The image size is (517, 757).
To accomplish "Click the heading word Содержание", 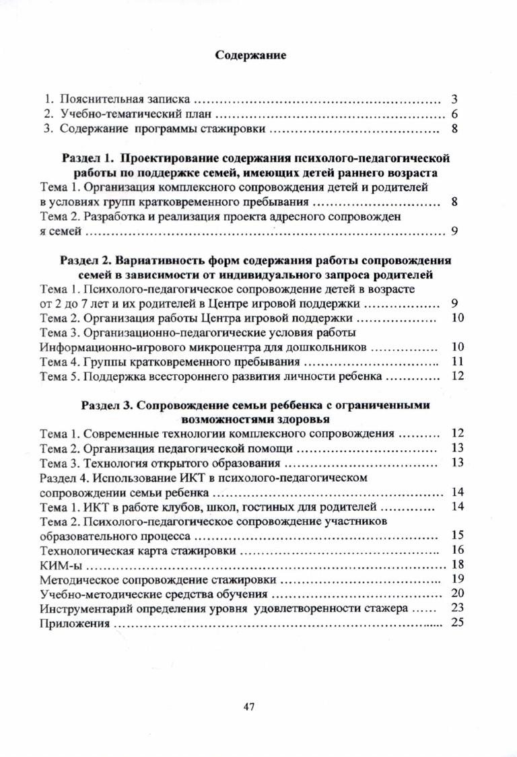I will pos(250,56).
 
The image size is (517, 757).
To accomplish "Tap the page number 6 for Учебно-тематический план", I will pos(454,114).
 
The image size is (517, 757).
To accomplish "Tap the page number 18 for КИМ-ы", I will pos(457,564).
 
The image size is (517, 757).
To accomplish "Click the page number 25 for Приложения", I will pos(457,623).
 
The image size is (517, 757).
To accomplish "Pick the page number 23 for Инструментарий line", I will pos(457,608).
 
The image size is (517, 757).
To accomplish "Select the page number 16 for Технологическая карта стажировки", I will pos(457,550).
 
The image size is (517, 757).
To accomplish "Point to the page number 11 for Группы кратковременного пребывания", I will pos(457,361).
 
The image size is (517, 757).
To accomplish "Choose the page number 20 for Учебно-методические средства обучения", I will pos(457,593).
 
